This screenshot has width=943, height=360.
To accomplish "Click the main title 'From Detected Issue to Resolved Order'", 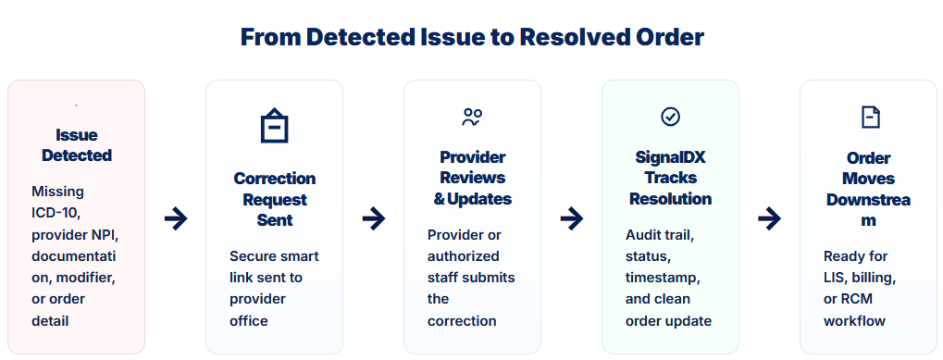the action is click(472, 37).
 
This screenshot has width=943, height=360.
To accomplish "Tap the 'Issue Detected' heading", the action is click(77, 145).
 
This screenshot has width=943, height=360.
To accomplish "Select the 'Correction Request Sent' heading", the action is click(274, 199).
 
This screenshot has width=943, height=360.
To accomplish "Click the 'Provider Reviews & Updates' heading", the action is click(473, 178).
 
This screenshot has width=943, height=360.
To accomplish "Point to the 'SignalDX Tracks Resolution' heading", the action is click(671, 178).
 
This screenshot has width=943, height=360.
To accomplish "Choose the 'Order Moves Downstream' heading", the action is click(868, 190).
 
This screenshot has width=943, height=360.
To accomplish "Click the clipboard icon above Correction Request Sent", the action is click(274, 126).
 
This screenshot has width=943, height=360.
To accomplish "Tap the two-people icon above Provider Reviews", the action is click(472, 118).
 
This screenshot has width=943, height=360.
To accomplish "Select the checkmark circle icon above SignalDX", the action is click(671, 117).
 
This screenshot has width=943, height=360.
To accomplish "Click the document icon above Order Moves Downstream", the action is click(870, 118).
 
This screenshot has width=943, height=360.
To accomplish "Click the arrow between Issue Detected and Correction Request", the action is click(176, 218).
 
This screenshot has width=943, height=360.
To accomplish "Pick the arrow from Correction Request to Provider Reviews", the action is click(374, 218).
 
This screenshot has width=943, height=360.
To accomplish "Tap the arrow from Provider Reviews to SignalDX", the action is click(571, 218).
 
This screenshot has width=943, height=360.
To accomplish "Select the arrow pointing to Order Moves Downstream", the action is click(769, 218).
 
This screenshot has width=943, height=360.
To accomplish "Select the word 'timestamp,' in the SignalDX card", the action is click(663, 278).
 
